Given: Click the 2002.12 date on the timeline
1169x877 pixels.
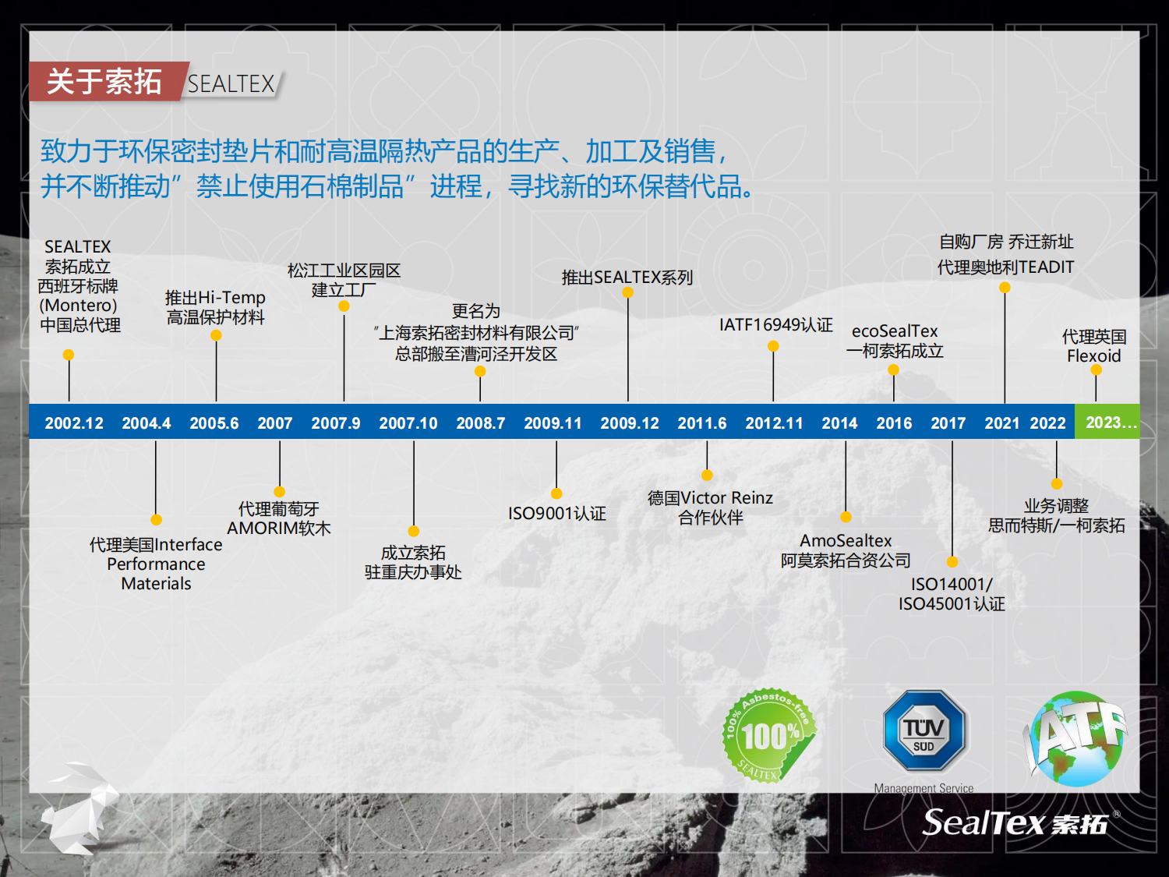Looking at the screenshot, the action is pyautogui.click(x=74, y=423).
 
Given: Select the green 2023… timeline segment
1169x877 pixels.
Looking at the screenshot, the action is pyautogui.click(x=1107, y=422).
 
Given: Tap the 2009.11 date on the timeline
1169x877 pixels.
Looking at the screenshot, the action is pyautogui.click(x=553, y=423).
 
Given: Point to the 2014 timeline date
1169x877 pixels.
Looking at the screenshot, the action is pyautogui.click(x=839, y=423).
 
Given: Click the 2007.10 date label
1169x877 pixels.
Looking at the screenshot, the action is pyautogui.click(x=408, y=423).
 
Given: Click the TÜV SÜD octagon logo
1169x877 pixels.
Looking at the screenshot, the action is pyautogui.click(x=924, y=730).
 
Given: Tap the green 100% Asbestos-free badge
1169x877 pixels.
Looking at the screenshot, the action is pyautogui.click(x=768, y=735).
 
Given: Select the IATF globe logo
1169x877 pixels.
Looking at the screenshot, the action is pyautogui.click(x=1075, y=738).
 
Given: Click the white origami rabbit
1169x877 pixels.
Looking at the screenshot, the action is pyautogui.click(x=80, y=807).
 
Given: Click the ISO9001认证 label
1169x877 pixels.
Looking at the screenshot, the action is pyautogui.click(x=557, y=513).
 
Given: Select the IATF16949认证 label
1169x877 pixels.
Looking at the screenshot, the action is pyautogui.click(x=776, y=324).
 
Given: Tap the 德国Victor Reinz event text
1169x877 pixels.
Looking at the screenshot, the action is pyautogui.click(x=710, y=507).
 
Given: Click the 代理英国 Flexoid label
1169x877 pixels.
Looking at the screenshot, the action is pyautogui.click(x=1094, y=346).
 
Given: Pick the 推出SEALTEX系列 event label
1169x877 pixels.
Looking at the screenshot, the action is pyautogui.click(x=627, y=277).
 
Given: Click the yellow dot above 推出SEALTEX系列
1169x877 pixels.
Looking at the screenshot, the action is pyautogui.click(x=628, y=292).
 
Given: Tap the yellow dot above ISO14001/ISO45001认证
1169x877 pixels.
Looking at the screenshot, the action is pyautogui.click(x=952, y=562).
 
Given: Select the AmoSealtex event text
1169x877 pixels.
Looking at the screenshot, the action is pyautogui.click(x=846, y=550).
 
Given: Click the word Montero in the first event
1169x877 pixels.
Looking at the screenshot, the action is pyautogui.click(x=78, y=305).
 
